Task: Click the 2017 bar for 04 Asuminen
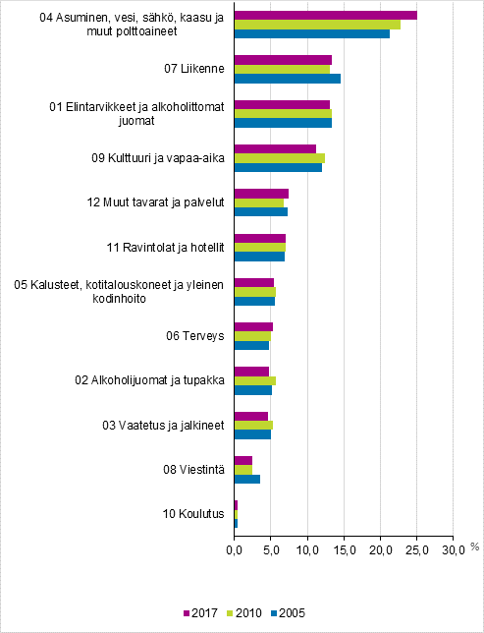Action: click(325, 15)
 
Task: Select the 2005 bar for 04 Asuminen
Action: click(311, 34)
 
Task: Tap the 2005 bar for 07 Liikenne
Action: click(287, 79)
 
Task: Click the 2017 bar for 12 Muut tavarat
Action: click(261, 193)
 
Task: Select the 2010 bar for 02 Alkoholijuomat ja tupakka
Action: click(254, 380)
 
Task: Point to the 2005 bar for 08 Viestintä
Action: click(246, 479)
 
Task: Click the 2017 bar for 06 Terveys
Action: click(253, 326)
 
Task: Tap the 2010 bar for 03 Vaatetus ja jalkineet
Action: click(252, 425)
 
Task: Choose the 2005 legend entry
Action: click(289, 613)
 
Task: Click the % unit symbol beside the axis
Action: click(473, 547)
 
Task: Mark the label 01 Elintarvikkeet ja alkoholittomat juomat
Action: click(142, 113)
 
